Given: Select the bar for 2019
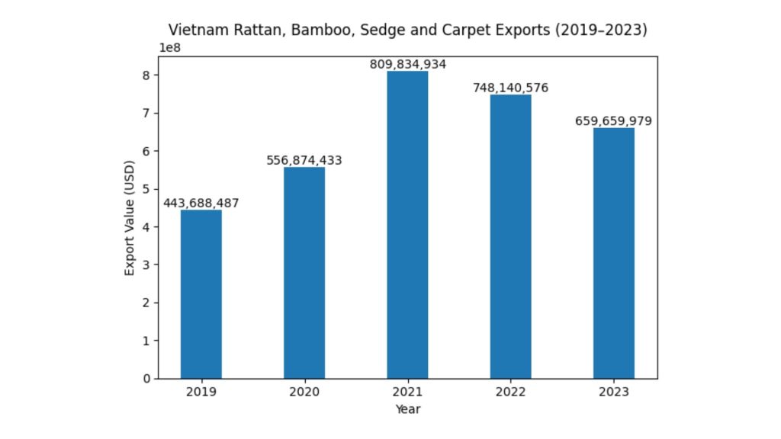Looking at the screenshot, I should click(201, 294).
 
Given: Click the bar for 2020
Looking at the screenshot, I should click(304, 273).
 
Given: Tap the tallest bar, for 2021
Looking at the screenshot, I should click(407, 225).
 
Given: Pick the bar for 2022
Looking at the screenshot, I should click(511, 236).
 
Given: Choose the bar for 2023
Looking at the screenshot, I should click(614, 253).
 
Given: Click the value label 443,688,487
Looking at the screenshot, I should click(201, 203).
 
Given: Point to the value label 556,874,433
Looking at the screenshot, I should click(304, 161).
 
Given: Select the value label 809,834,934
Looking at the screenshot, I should click(407, 65).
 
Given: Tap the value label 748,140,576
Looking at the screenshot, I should click(511, 88).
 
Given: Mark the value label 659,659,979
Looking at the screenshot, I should click(614, 121).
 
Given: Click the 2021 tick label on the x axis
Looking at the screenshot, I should click(407, 392).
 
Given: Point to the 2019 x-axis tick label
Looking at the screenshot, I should click(201, 392).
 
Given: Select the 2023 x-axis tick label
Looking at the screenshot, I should click(614, 392).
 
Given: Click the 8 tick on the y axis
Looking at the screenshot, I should click(147, 75).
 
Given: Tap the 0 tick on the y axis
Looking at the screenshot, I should click(147, 379).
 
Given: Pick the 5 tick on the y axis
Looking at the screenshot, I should click(147, 189).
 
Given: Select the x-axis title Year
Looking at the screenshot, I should click(407, 409).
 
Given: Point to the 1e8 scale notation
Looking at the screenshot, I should click(170, 48).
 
